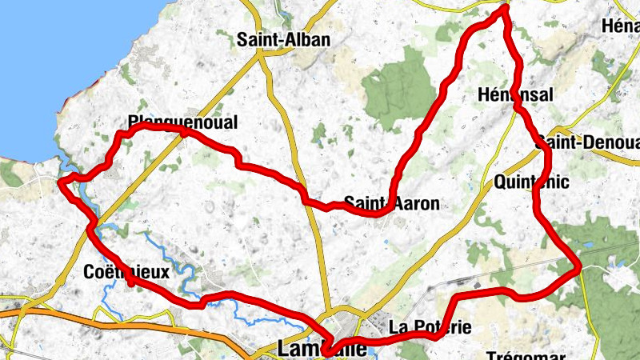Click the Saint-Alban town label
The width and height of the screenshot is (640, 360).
pyautogui.click(x=283, y=39)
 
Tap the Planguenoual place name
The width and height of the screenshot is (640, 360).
pyautogui.click(x=183, y=122)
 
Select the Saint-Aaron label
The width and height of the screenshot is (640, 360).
pyautogui.click(x=392, y=203)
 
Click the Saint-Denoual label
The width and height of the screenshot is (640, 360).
pyautogui.click(x=590, y=142)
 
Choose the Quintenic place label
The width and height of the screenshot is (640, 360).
pyautogui.click(x=532, y=182)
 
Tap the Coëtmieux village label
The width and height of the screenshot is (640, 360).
pyautogui.click(x=126, y=272)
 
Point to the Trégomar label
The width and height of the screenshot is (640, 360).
pyautogui.click(x=526, y=355)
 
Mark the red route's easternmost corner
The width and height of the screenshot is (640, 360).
pyautogui.click(x=578, y=270)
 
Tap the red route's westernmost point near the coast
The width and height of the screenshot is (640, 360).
pyautogui.click(x=61, y=182)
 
